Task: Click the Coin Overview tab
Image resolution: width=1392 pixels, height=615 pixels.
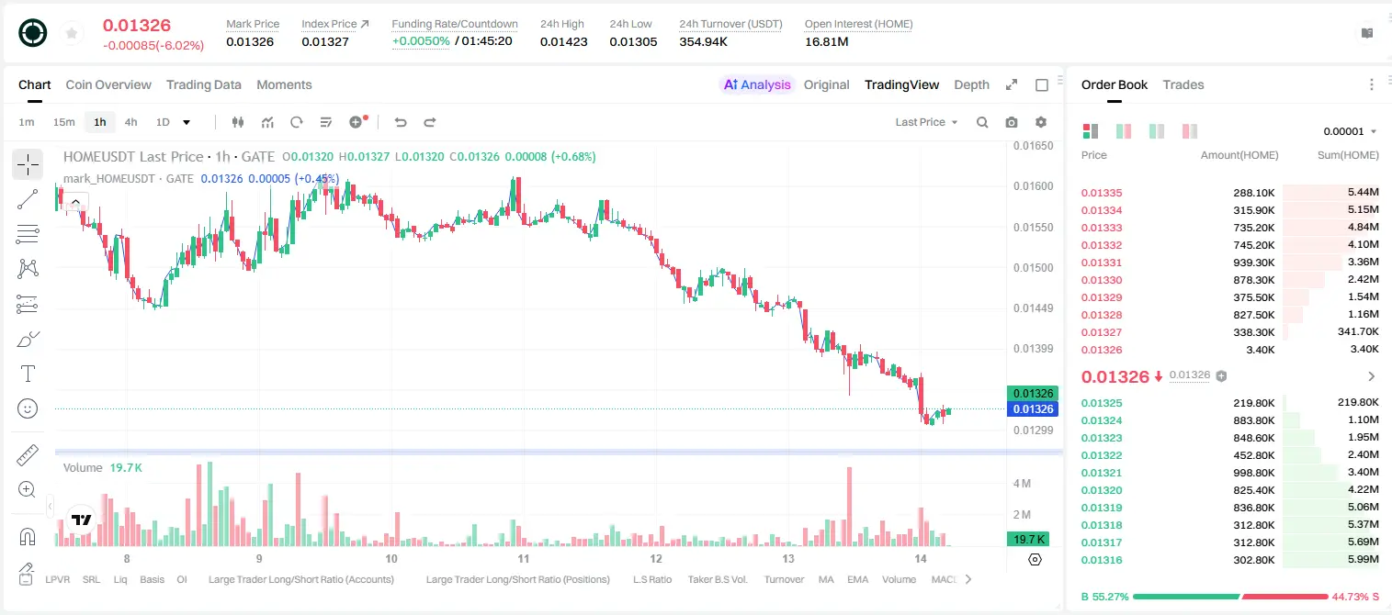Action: (108, 84)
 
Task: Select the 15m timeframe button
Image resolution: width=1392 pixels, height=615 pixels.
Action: (63, 122)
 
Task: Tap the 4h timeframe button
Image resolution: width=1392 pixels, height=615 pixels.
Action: (130, 122)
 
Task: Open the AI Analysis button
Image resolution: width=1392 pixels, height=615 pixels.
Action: (757, 84)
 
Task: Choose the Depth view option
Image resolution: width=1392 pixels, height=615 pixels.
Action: (971, 84)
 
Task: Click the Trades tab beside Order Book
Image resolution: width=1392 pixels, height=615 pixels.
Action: (1183, 84)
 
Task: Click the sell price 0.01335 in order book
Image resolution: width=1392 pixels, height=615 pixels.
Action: (1101, 193)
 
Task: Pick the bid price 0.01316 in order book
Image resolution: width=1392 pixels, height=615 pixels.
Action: (1101, 560)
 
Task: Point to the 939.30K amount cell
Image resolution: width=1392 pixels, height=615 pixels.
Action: (1253, 263)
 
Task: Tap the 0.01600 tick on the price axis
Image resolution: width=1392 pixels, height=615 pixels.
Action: (1033, 186)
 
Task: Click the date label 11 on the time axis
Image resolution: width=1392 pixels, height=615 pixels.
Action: (523, 558)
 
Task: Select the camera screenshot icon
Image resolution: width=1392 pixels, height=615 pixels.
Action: (1012, 122)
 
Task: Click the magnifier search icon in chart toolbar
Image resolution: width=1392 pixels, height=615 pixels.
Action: (982, 122)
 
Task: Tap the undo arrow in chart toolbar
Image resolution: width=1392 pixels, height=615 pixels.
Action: (401, 122)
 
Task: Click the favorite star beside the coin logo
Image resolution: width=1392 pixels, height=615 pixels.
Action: (72, 33)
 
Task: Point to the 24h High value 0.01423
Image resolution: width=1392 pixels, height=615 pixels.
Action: (563, 41)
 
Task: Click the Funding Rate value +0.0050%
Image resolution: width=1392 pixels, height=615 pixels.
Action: (421, 41)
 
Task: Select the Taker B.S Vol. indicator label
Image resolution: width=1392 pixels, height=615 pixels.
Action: (717, 579)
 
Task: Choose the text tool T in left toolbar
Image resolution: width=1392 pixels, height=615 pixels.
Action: (28, 374)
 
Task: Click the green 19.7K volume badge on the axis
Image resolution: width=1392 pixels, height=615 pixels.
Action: (1028, 540)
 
